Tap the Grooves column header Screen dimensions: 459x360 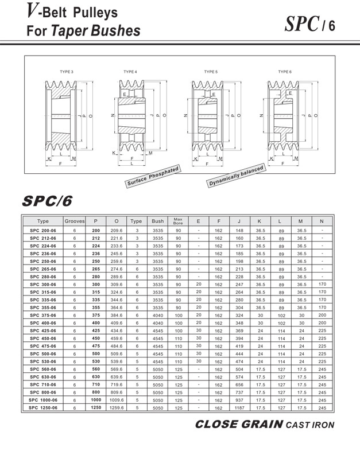[x=75, y=221]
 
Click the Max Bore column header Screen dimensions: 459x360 [x=178, y=221]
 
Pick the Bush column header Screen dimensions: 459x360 [x=157, y=221]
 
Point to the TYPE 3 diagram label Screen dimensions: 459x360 [x=67, y=72]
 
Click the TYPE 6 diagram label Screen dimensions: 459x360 [x=285, y=72]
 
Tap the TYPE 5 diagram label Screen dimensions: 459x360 [x=211, y=72]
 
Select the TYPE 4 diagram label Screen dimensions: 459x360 [x=130, y=72]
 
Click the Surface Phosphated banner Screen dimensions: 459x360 [x=153, y=176]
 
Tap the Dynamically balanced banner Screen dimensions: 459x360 [x=236, y=176]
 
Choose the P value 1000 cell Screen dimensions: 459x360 [x=96, y=400]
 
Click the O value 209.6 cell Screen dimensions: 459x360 [x=117, y=229]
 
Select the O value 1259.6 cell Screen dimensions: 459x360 [x=117, y=407]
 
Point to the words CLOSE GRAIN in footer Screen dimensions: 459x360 [x=238, y=425]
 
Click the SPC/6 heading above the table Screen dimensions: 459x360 [x=47, y=201]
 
